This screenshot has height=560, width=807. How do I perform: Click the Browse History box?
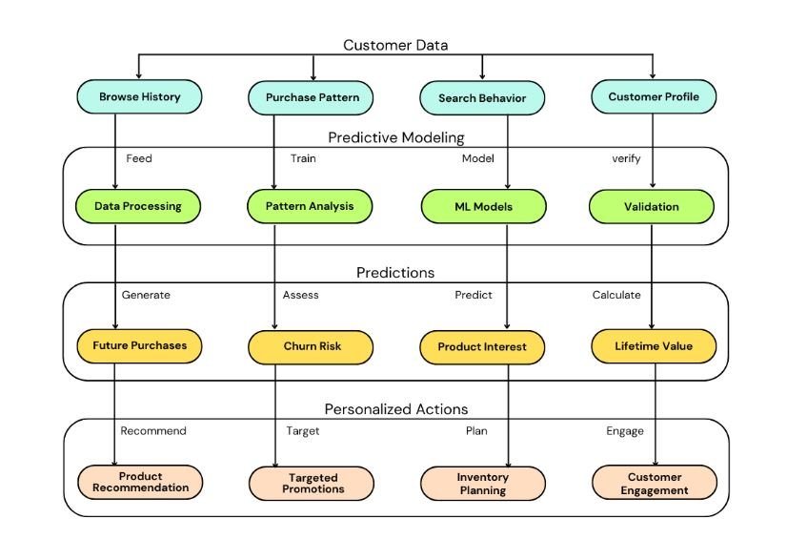point(140,96)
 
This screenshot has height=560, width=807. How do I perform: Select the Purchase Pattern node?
point(311,97)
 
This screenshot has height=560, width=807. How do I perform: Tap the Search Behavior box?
point(482,98)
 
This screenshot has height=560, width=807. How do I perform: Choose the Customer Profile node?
point(654,96)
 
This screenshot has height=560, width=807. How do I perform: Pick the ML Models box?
point(483,206)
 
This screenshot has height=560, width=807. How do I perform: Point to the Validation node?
point(652,206)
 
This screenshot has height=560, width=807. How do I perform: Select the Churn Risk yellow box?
point(311,346)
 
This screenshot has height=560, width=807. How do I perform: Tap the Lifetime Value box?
point(654,346)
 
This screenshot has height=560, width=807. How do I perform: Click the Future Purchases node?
point(140,346)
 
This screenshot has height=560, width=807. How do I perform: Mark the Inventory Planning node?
point(483,483)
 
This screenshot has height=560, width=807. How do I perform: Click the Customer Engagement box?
point(654,483)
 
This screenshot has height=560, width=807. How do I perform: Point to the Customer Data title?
point(395,45)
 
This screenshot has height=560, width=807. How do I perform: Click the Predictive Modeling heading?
point(396,137)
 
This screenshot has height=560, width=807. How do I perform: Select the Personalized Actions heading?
point(396,409)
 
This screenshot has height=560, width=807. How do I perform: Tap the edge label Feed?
point(139,159)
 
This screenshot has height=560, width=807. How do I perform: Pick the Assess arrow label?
point(300,295)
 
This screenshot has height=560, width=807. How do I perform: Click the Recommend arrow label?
point(153,431)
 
